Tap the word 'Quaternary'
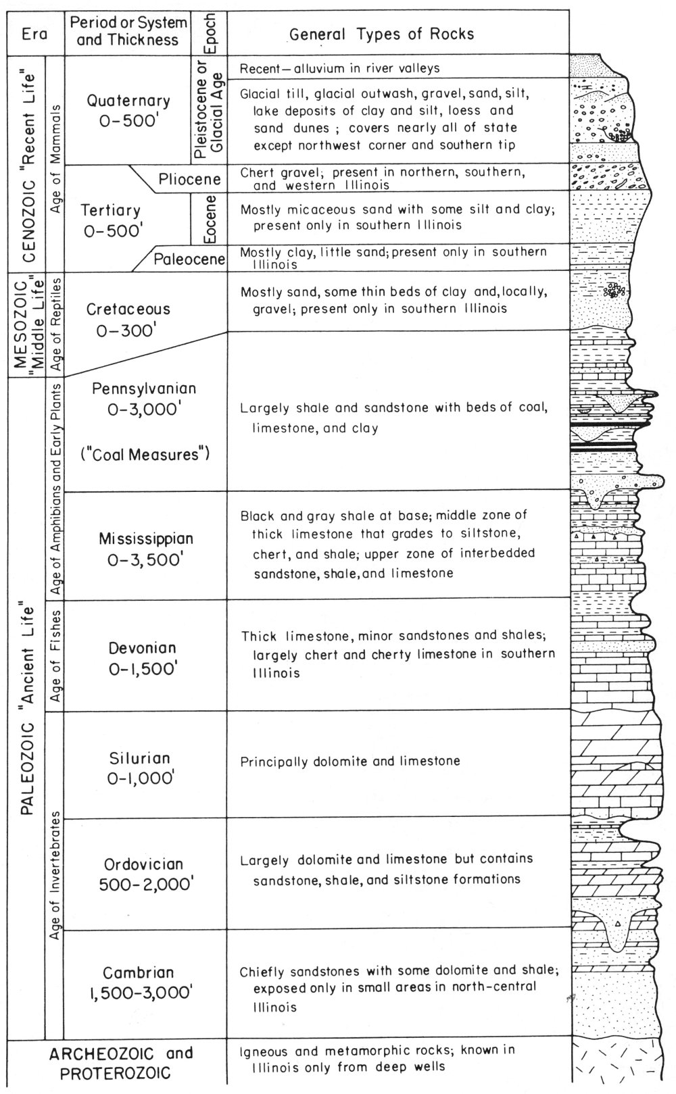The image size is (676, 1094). pyautogui.click(x=128, y=101)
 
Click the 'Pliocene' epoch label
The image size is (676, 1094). pyautogui.click(x=190, y=179)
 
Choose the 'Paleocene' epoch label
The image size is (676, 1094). pyautogui.click(x=189, y=259)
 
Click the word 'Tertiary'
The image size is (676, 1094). pyautogui.click(x=110, y=211)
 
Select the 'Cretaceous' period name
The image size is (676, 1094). pyautogui.click(x=128, y=309)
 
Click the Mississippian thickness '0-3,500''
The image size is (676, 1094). pyautogui.click(x=145, y=559)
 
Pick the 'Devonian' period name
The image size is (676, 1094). pyautogui.click(x=143, y=648)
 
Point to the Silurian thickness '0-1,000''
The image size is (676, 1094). pyautogui.click(x=141, y=778)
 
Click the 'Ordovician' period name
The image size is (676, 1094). pyautogui.click(x=143, y=864)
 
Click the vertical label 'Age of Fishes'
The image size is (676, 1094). pyautogui.click(x=55, y=656)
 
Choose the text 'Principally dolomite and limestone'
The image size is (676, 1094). pyautogui.click(x=350, y=762)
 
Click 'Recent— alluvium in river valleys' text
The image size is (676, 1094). pyautogui.click(x=340, y=68)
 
